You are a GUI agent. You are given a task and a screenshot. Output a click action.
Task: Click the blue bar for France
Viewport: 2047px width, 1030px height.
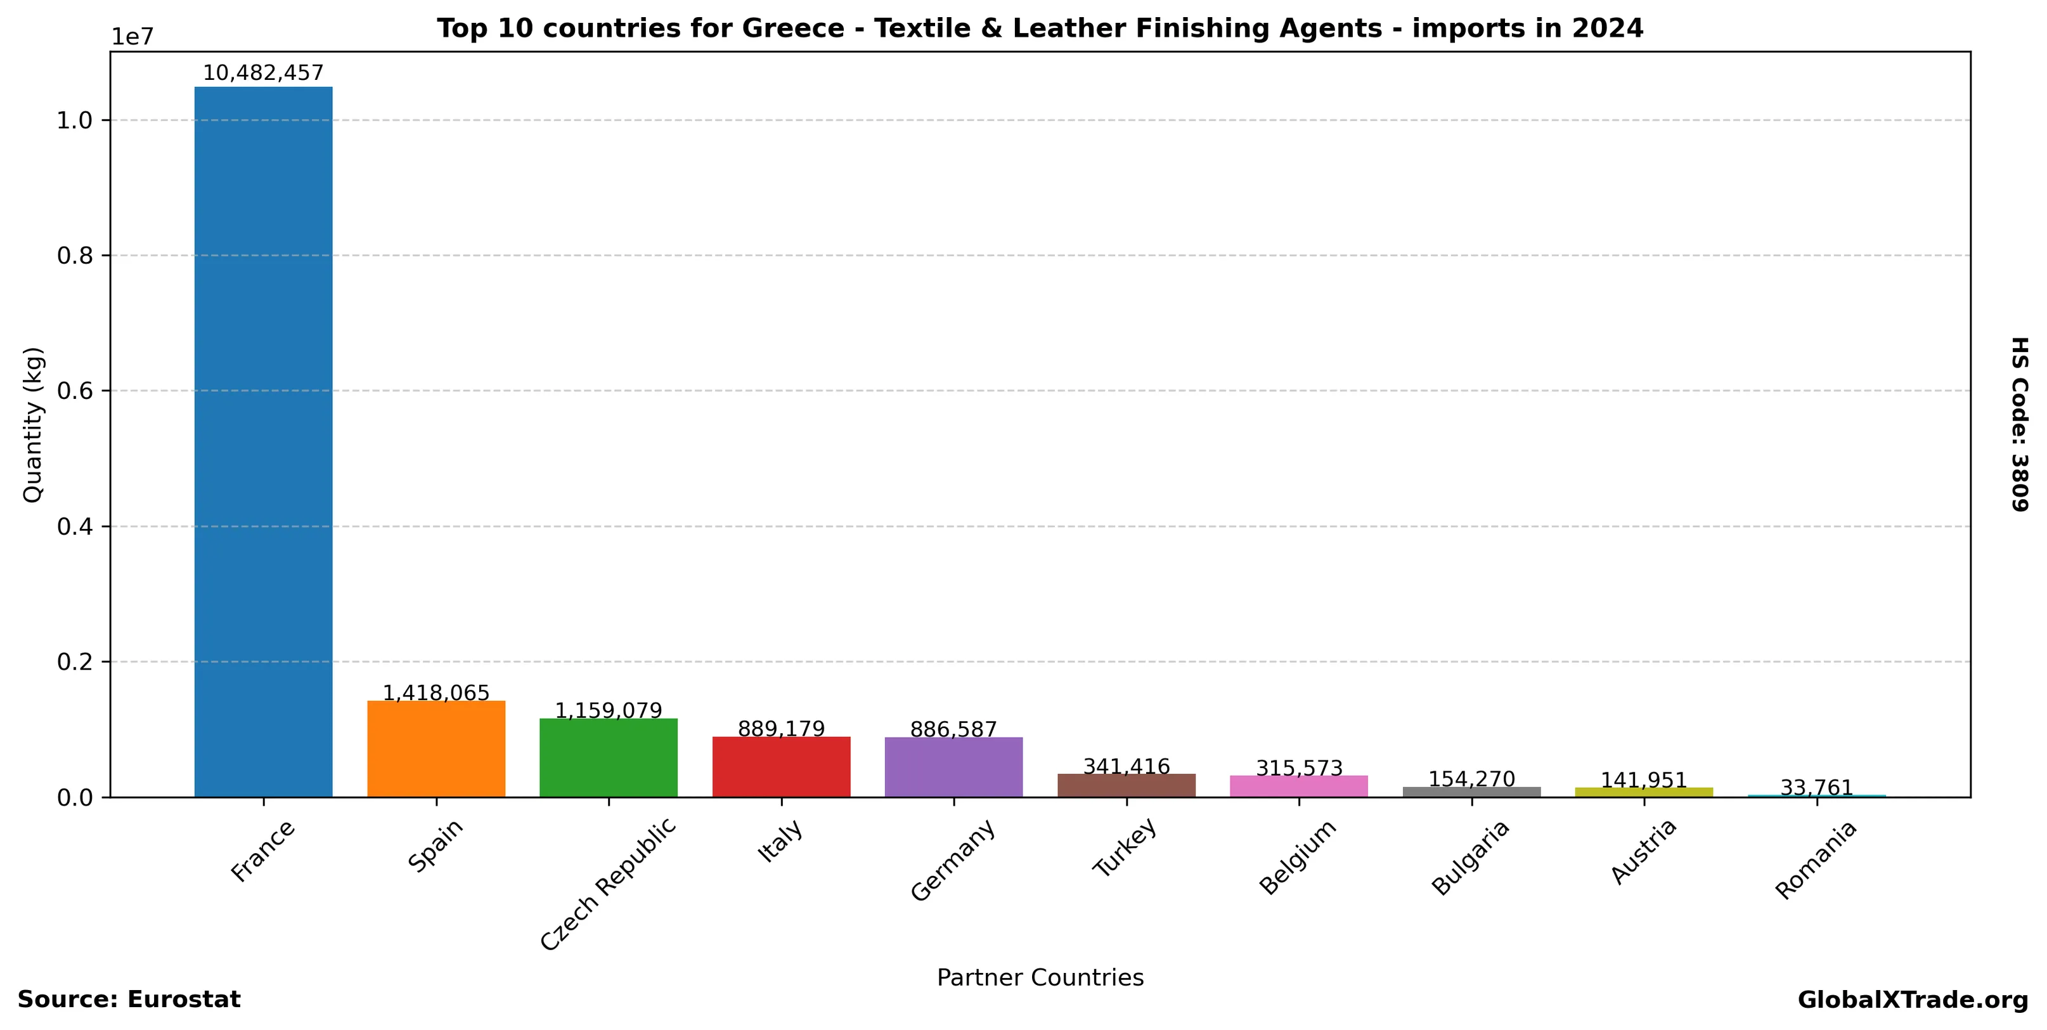(263, 441)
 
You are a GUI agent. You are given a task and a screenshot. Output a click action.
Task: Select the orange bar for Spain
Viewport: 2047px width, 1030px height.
(436, 748)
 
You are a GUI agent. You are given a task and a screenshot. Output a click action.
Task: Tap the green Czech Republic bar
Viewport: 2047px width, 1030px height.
(608, 757)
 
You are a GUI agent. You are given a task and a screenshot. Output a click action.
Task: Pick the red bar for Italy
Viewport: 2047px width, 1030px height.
(781, 766)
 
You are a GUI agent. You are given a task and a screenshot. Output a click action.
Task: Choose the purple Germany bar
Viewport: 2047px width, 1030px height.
(953, 766)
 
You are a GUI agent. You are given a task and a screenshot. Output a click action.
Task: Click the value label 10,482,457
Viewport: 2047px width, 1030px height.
(263, 73)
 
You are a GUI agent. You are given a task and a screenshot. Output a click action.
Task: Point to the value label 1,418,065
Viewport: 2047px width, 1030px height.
(436, 693)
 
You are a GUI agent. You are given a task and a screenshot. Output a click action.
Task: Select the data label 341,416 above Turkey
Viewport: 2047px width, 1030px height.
(1126, 766)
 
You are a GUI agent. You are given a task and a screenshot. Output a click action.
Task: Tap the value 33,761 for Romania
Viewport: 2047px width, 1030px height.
(1816, 788)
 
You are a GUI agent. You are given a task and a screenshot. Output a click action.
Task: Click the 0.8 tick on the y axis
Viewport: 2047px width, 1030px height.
(75, 256)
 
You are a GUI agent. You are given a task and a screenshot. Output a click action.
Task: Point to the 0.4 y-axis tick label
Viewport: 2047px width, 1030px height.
(75, 526)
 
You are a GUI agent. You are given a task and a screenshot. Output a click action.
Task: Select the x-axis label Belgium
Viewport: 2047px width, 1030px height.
(1298, 857)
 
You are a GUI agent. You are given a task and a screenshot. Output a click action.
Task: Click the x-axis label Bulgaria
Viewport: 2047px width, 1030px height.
(1470, 857)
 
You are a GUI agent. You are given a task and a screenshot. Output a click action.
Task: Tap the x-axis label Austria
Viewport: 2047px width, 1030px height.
(1643, 851)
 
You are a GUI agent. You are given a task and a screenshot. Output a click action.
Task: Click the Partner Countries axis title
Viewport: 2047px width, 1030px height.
(1040, 977)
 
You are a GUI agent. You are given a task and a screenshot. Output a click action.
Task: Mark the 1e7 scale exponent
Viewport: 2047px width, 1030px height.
(132, 37)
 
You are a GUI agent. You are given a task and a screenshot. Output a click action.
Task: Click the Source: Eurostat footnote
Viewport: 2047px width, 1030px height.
(129, 1000)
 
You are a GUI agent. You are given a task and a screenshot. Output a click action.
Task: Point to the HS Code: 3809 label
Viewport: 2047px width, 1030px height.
(2020, 424)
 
